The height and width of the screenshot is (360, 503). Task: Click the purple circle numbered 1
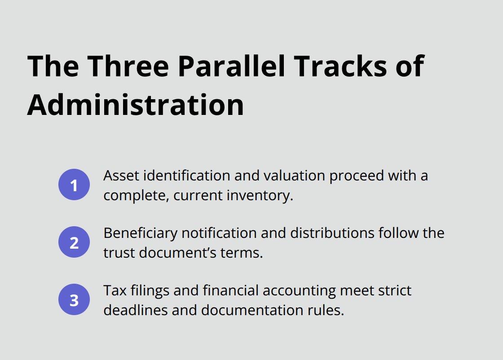(74, 184)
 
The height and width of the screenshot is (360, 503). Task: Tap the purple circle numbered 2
(74, 242)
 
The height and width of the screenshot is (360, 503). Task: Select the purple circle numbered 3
(74, 300)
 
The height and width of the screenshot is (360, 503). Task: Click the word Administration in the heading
(135, 105)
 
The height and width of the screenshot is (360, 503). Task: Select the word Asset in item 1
(121, 176)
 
